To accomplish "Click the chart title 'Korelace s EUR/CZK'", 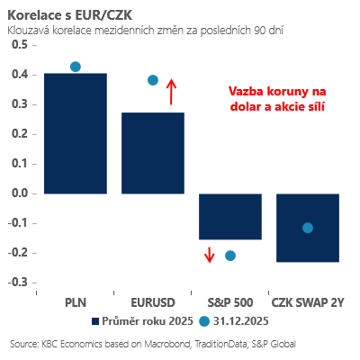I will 63,14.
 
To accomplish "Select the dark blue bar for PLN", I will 76,133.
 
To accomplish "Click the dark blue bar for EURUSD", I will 153,153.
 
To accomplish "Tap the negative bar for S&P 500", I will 229,216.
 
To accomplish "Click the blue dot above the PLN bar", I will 76,67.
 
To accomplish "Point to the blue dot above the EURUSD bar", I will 153,80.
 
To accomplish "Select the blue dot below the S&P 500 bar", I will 229,256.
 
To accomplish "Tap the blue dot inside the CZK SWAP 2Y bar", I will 308,228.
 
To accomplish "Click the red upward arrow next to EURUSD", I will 172,92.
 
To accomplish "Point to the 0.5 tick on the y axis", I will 18,44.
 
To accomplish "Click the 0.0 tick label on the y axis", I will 18,193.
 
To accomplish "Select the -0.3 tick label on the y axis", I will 16,282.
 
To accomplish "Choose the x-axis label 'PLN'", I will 76,301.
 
